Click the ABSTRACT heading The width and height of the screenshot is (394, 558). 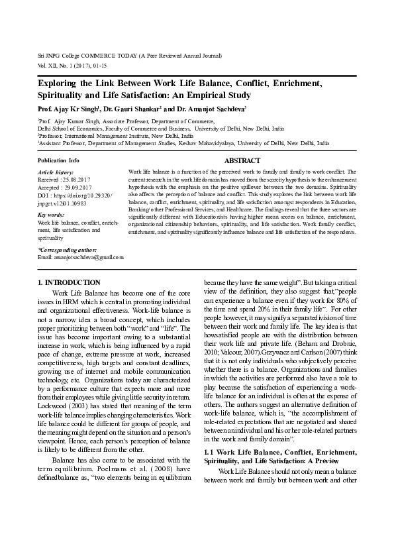pyautogui.click(x=242, y=161)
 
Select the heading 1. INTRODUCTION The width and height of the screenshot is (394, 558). pyautogui.click(x=70, y=283)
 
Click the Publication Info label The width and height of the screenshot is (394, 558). pyautogui.click(x=59, y=161)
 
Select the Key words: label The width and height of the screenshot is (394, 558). pyautogui.click(x=51, y=215)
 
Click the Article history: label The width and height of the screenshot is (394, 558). pyautogui.click(x=56, y=172)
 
